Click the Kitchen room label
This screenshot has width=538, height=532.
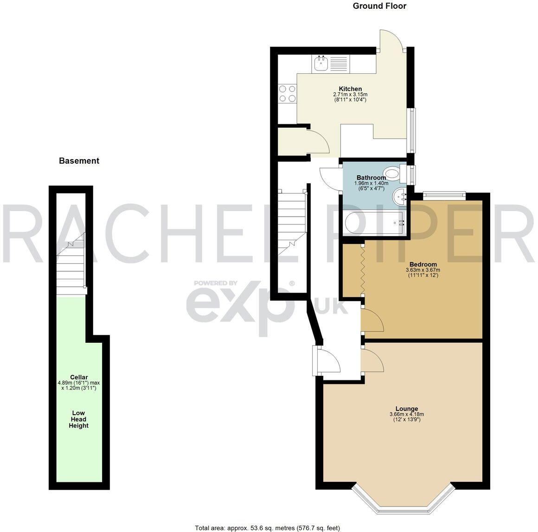pyautogui.click(x=350, y=89)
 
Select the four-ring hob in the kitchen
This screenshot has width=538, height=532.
pyautogui.click(x=288, y=94)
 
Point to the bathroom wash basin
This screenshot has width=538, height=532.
pyautogui.click(x=399, y=197)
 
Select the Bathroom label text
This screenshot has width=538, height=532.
pyautogui.click(x=371, y=178)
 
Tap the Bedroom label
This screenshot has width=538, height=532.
pyautogui.click(x=423, y=264)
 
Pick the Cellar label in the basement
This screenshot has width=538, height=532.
pyautogui.click(x=79, y=377)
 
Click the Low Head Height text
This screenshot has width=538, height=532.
pyautogui.click(x=78, y=419)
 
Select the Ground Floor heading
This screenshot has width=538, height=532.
pyautogui.click(x=379, y=6)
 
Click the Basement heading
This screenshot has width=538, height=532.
pyautogui.click(x=79, y=161)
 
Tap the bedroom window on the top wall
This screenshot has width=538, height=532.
pyautogui.click(x=444, y=196)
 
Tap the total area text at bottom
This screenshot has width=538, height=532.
pyautogui.click(x=267, y=528)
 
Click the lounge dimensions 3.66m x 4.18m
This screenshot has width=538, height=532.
pyautogui.click(x=406, y=415)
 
